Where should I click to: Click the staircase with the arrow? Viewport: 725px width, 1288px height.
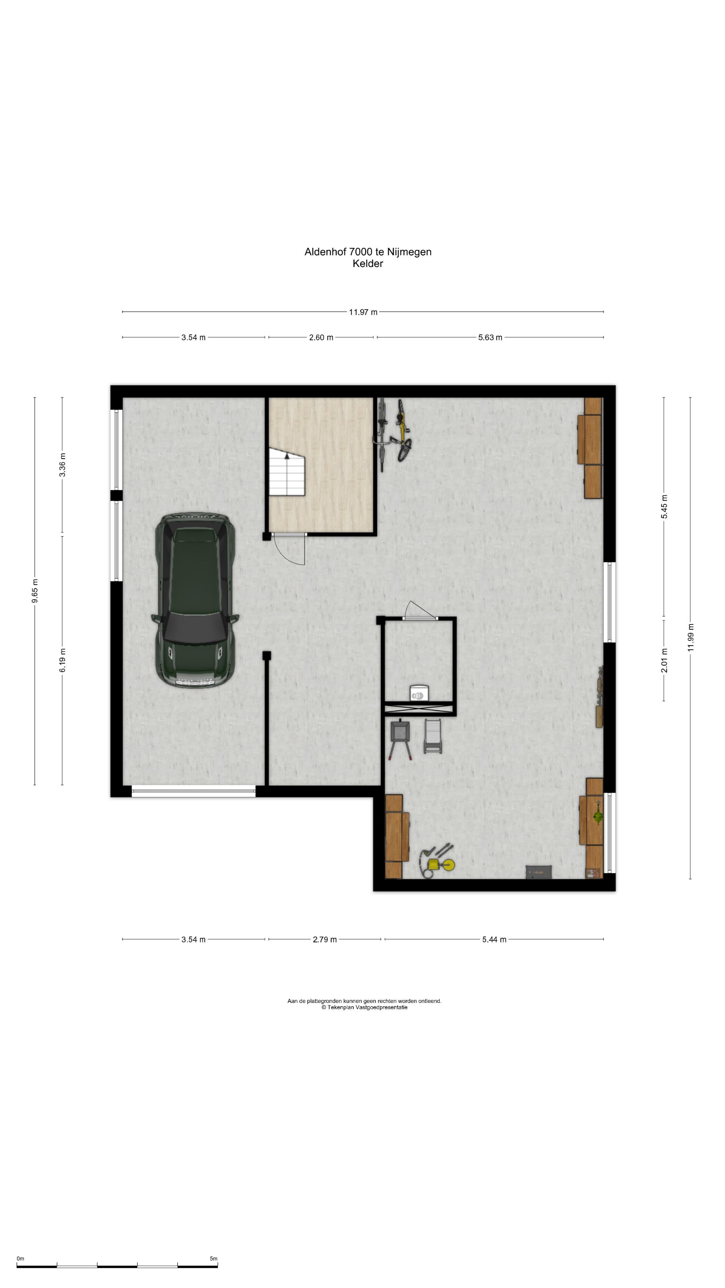tap(287, 472)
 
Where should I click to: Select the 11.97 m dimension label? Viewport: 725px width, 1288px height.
tap(363, 312)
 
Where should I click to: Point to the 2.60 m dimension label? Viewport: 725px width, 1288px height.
tap(321, 337)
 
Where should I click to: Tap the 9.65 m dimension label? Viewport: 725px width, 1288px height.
tap(35, 591)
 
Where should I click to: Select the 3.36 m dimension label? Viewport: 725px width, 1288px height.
tap(62, 465)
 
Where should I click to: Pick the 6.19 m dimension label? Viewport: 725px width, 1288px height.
tap(62, 660)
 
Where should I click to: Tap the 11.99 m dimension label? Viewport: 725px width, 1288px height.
tap(690, 638)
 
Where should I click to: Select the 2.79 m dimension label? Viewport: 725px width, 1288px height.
tap(325, 940)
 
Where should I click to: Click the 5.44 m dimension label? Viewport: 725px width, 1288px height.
tap(494, 940)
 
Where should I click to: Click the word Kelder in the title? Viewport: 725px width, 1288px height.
tap(368, 264)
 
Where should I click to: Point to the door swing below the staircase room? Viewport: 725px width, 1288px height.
tap(290, 549)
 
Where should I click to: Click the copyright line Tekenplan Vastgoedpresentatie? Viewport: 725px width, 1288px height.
tap(364, 1008)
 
